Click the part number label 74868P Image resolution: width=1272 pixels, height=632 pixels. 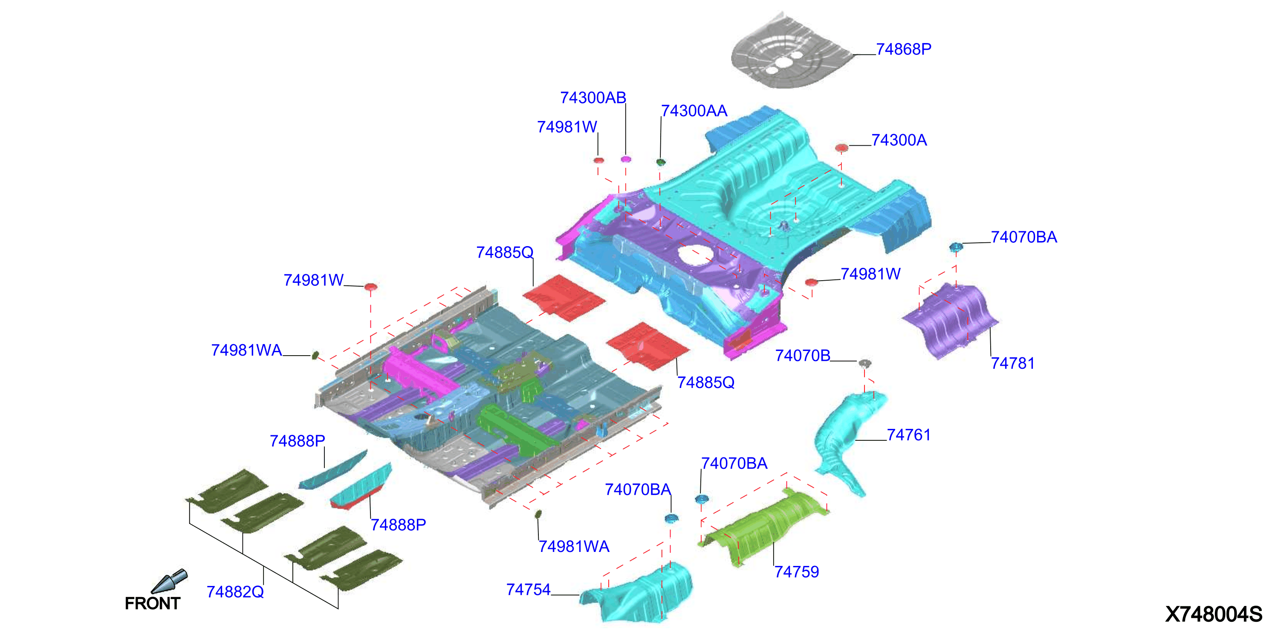pyautogui.click(x=903, y=49)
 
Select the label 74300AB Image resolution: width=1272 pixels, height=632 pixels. pyautogui.click(x=593, y=98)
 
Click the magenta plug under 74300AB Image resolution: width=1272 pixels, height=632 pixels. pyautogui.click(x=626, y=159)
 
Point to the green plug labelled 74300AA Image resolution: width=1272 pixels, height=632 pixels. pyautogui.click(x=661, y=162)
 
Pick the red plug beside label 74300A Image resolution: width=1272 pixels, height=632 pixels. pyautogui.click(x=841, y=147)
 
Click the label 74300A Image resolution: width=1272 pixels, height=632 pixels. pyautogui.click(x=899, y=140)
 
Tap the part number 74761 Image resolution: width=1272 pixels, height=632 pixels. pyautogui.click(x=908, y=435)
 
